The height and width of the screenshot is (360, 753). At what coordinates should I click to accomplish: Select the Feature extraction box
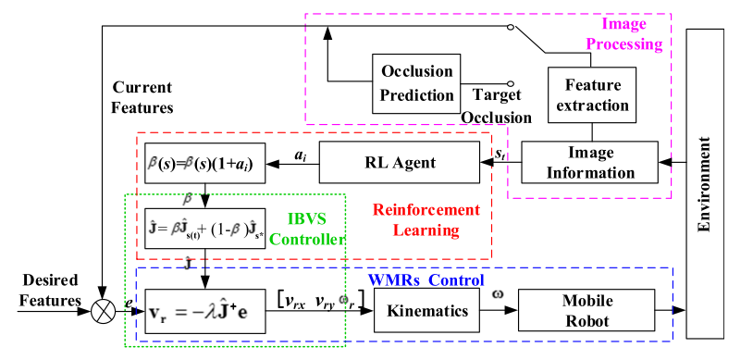coord(592,94)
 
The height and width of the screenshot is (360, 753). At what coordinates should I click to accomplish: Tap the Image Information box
coord(588,162)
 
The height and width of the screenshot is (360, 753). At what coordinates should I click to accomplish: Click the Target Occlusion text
coord(498,106)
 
